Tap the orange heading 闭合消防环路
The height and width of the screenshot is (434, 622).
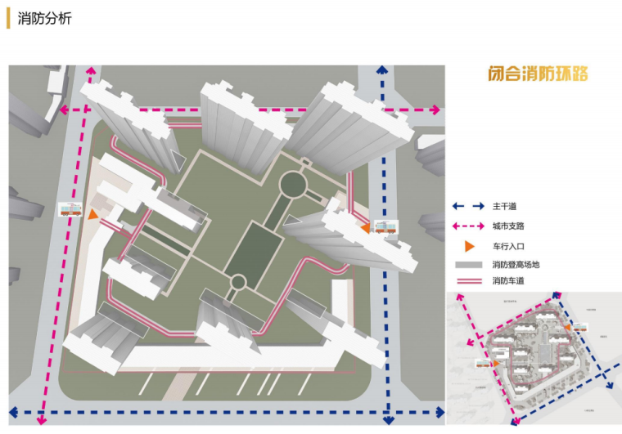click(x=536, y=74)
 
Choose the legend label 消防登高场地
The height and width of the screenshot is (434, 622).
click(x=516, y=265)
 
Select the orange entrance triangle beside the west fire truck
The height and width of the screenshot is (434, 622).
click(x=93, y=214)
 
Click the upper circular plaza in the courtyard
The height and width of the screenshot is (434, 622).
click(x=291, y=183)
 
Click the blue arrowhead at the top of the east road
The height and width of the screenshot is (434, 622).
click(x=382, y=71)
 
